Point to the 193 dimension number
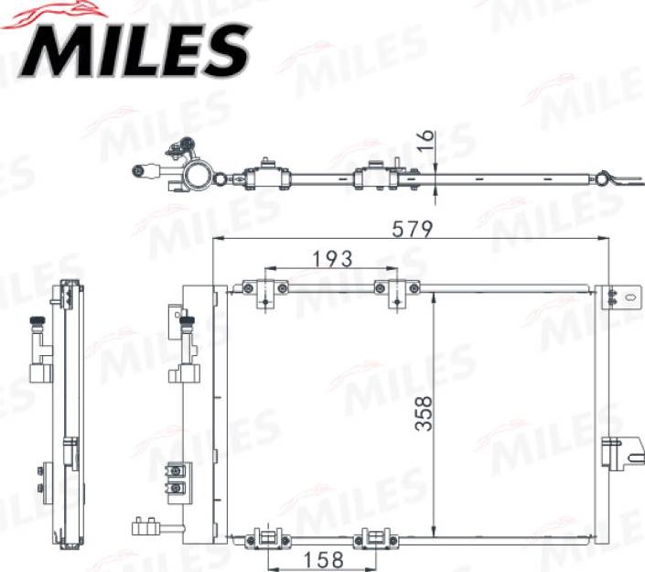[x=333, y=259]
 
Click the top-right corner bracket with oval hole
[x=619, y=297]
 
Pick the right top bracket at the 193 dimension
[x=396, y=292]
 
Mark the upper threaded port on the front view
[x=188, y=322]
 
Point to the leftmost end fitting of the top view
[x=142, y=170]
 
